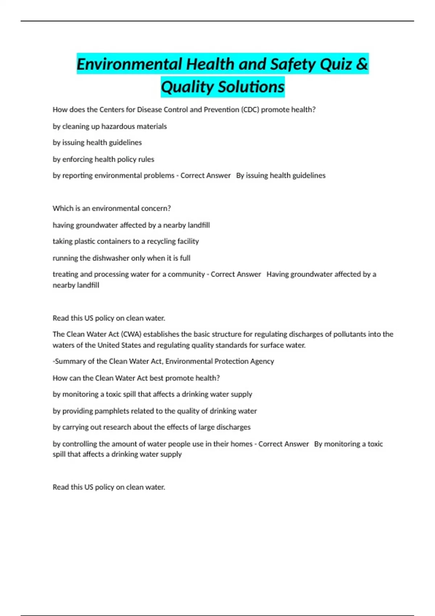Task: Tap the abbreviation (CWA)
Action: [x=131, y=334]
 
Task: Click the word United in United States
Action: [x=108, y=345]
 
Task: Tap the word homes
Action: [x=242, y=444]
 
